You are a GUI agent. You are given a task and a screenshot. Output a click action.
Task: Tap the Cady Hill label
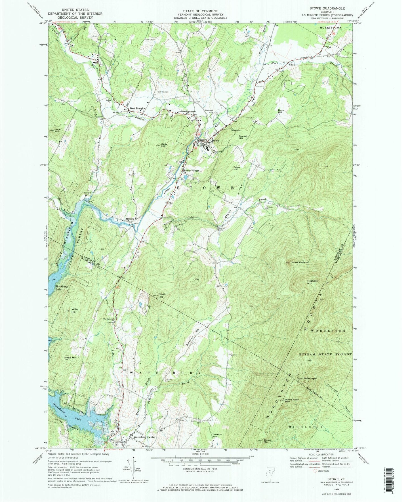[163, 145]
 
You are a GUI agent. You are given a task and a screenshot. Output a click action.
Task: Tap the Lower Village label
[192, 170]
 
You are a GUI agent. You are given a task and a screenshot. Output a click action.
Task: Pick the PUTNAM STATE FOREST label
[325, 354]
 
